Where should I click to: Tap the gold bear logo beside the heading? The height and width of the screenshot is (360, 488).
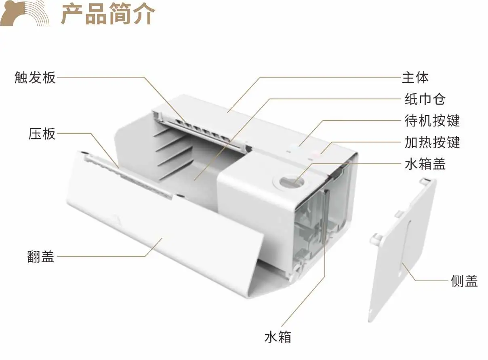pyautogui.click(x=25, y=13)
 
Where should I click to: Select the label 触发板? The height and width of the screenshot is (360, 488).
pyautogui.click(x=35, y=77)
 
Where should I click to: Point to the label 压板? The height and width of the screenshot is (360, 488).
pyautogui.click(x=42, y=134)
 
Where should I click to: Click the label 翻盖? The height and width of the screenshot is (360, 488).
pyautogui.click(x=41, y=257)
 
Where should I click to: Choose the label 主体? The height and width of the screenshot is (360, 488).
pyautogui.click(x=415, y=77)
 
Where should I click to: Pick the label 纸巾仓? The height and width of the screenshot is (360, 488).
pyautogui.click(x=425, y=99)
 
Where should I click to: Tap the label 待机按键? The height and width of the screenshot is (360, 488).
pyautogui.click(x=432, y=120)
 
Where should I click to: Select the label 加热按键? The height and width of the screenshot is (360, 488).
pyautogui.click(x=432, y=142)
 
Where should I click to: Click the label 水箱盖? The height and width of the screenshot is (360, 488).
pyautogui.click(x=425, y=164)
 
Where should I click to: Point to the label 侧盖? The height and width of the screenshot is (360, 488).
pyautogui.click(x=465, y=281)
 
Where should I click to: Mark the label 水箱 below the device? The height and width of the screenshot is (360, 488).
pyautogui.click(x=278, y=337)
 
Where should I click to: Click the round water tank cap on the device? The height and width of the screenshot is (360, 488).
pyautogui.click(x=291, y=181)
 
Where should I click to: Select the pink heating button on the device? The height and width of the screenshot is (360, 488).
pyautogui.click(x=315, y=155)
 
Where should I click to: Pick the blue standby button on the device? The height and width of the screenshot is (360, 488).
pyautogui.click(x=293, y=148)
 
